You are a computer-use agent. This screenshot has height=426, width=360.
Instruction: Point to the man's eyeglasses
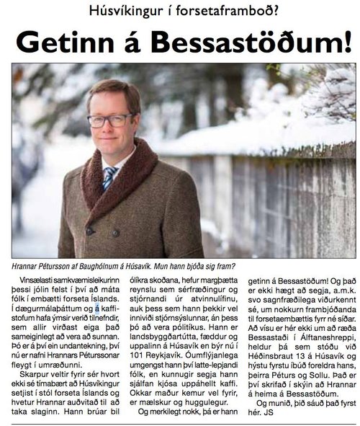click(x=109, y=119)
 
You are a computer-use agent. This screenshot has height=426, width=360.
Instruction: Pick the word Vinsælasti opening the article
click(x=43, y=278)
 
